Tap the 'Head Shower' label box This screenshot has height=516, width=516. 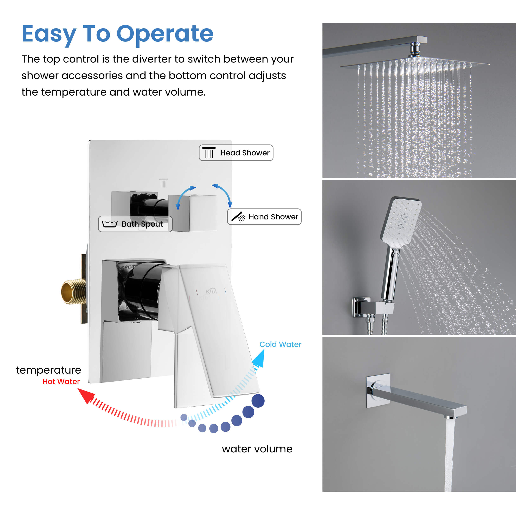tap(236, 153)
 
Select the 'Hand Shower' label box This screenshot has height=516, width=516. tap(264, 217)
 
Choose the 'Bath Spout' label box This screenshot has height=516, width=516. tap(135, 224)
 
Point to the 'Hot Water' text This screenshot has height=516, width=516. tap(61, 381)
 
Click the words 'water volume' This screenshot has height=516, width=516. tap(257, 449)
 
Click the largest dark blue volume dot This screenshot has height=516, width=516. tap(258, 401)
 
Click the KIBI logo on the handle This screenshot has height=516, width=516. tap(211, 291)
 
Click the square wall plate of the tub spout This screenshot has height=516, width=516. tap(378, 391)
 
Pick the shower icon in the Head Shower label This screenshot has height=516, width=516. tap(209, 153)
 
